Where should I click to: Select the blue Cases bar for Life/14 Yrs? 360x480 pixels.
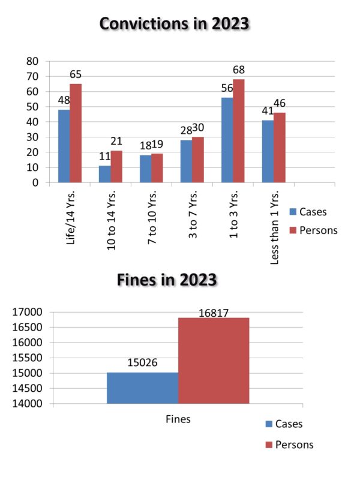click(64, 146)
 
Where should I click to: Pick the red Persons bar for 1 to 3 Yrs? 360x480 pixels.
click(239, 131)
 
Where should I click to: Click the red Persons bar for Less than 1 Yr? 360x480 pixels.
click(279, 148)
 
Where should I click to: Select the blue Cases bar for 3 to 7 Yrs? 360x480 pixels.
click(186, 161)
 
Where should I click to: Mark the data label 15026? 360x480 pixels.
click(142, 363)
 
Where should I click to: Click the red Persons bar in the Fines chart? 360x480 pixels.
click(214, 361)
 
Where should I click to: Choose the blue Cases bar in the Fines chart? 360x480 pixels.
click(143, 388)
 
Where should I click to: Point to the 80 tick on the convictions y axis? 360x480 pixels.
click(32, 61)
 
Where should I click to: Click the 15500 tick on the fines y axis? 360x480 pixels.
click(27, 358)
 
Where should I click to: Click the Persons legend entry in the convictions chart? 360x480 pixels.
click(314, 230)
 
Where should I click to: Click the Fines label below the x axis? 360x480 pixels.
click(178, 419)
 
